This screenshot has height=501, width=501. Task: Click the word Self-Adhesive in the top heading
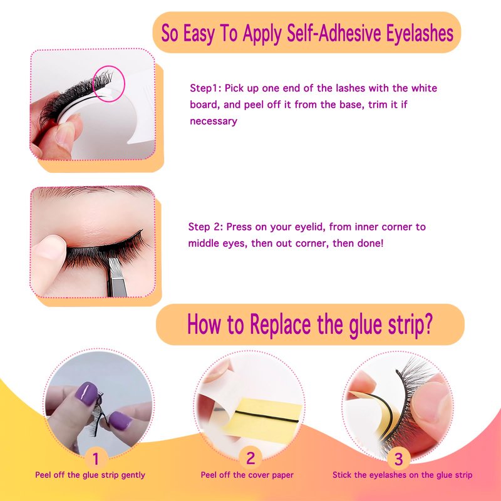pyautogui.click(x=334, y=33)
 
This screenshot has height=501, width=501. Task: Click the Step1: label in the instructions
pyautogui.click(x=205, y=88)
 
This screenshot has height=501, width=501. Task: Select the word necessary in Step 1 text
pyautogui.click(x=214, y=121)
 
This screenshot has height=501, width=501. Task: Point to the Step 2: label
pyautogui.click(x=205, y=227)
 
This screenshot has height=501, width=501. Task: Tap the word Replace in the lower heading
pyautogui.click(x=281, y=324)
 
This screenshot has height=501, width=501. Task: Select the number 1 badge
pyautogui.click(x=96, y=458)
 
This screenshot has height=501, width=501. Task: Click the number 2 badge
pyautogui.click(x=250, y=458)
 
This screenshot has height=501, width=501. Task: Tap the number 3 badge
pyautogui.click(x=398, y=459)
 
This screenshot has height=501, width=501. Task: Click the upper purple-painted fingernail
pyautogui.click(x=86, y=393)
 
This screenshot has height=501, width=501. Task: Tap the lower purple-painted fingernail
pyautogui.click(x=120, y=420)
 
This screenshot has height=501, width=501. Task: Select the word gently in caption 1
pyautogui.click(x=133, y=475)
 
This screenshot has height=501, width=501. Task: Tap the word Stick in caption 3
pyautogui.click(x=342, y=475)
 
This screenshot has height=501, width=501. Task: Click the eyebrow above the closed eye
pyautogui.click(x=93, y=191)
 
